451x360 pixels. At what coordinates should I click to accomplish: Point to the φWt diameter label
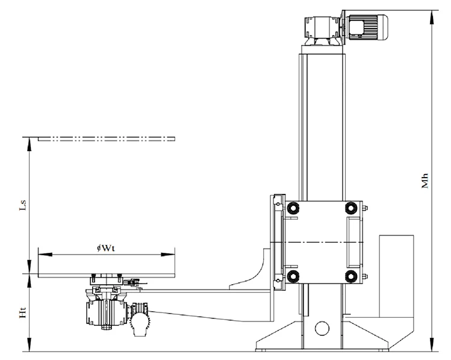coord(106,248)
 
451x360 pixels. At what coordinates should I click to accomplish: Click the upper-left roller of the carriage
coord(293,208)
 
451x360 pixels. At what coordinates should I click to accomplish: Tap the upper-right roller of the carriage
coord(349,208)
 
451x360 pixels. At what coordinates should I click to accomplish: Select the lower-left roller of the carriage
coord(293,276)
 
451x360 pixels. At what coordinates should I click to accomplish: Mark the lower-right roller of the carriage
coord(349,276)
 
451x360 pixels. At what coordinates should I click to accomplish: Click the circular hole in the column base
coord(322,329)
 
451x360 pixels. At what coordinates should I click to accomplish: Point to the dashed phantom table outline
coord(106,138)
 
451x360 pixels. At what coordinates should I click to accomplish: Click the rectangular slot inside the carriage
coord(353,242)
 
